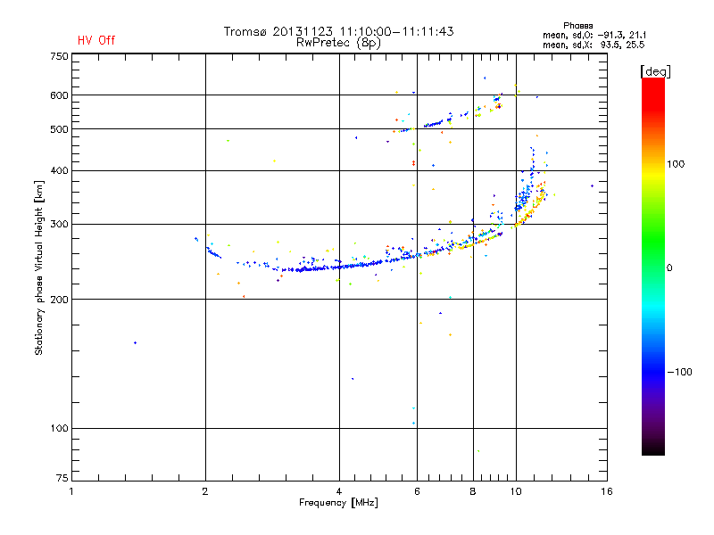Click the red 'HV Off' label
pyautogui.click(x=95, y=40)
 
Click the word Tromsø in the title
pyautogui.click(x=245, y=31)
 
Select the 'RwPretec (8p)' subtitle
pyautogui.click(x=338, y=42)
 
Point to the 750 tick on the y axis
pyautogui.click(x=58, y=55)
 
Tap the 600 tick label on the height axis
pyautogui.click(x=58, y=95)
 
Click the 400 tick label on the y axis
pyautogui.click(x=58, y=170)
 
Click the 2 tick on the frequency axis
pyautogui.click(x=205, y=491)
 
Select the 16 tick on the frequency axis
pyautogui.click(x=607, y=491)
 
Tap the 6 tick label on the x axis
pyautogui.click(x=417, y=491)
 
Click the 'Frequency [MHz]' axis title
pyautogui.click(x=338, y=503)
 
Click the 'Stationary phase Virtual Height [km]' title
pyautogui.click(x=39, y=267)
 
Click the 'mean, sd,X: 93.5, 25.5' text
pyautogui.click(x=594, y=44)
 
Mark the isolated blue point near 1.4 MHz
pyautogui.click(x=135, y=342)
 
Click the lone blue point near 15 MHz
pyautogui.click(x=592, y=185)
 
